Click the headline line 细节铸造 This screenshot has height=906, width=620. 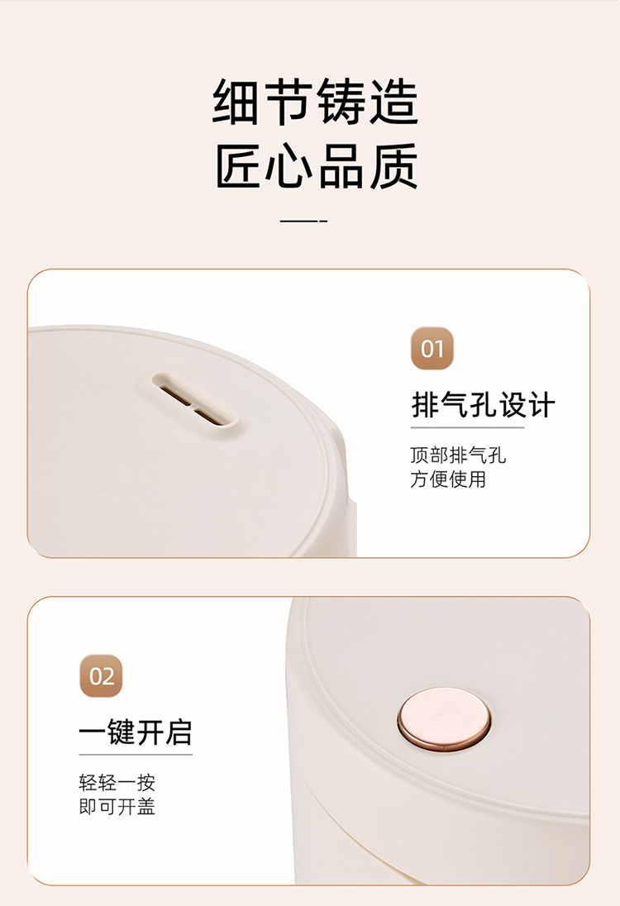click(x=316, y=102)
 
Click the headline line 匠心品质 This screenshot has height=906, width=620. click(x=316, y=166)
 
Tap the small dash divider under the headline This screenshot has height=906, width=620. click(x=304, y=221)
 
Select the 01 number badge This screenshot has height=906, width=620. click(x=432, y=348)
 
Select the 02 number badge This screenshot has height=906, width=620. click(x=101, y=676)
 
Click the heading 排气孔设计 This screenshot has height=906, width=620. click(x=483, y=404)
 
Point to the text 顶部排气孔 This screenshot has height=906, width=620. click(x=458, y=455)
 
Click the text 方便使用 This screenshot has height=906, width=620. click(x=448, y=479)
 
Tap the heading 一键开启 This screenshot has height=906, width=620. click(x=136, y=732)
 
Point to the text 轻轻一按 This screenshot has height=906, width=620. click(x=117, y=783)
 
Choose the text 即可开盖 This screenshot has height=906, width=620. click(x=117, y=807)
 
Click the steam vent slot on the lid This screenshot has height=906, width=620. click(x=195, y=400)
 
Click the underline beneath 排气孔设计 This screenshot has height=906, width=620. click(x=467, y=427)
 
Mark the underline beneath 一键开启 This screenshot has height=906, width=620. click(x=136, y=755)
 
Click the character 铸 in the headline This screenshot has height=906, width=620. click(x=341, y=102)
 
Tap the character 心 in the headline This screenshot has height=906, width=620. click(x=289, y=166)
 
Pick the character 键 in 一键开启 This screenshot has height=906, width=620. click(x=121, y=732)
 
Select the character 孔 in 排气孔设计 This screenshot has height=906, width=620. click(x=483, y=404)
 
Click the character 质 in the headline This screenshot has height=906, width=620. click(x=394, y=166)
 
